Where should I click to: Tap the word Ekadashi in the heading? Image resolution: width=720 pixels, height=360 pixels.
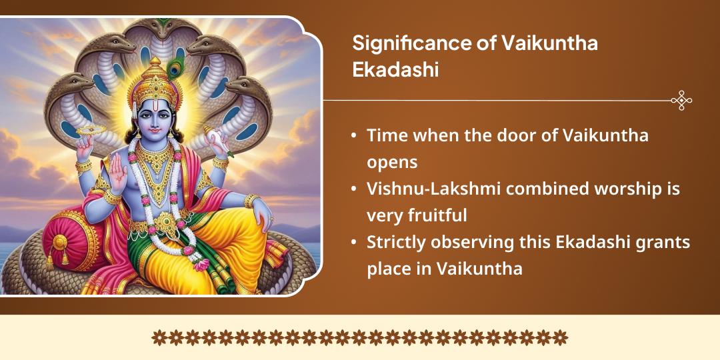tap(395, 69)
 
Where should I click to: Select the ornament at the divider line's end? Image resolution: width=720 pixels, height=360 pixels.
tap(681, 101)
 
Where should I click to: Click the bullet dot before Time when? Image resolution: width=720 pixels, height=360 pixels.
tap(353, 137)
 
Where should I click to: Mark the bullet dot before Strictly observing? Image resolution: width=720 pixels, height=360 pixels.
tap(353, 243)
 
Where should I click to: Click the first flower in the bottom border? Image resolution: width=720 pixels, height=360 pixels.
tap(159, 337)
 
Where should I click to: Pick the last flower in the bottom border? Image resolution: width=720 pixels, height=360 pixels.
tap(561, 337)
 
